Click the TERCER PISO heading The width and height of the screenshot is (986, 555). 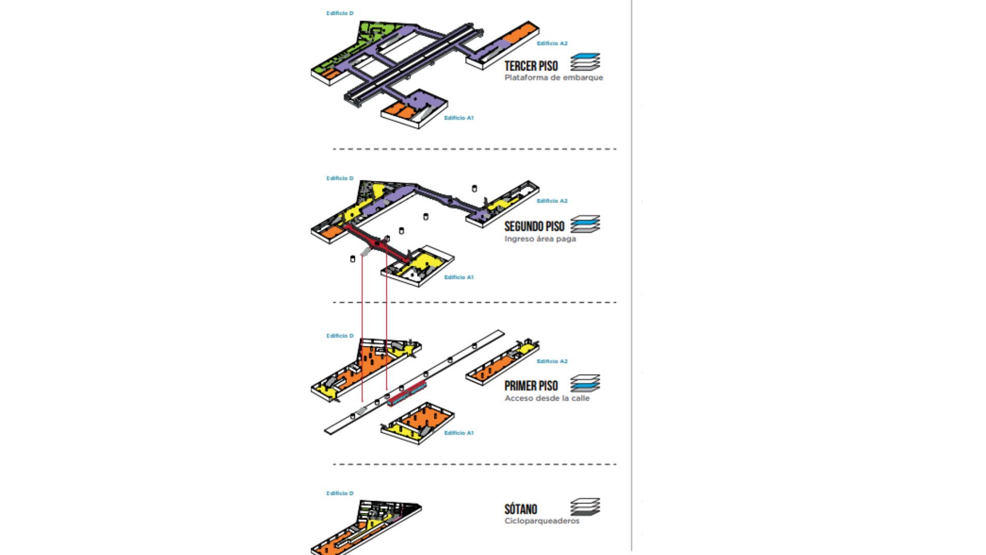(x=531, y=66)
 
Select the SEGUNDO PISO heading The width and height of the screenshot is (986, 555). (x=534, y=227)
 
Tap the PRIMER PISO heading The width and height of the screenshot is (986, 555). (x=531, y=386)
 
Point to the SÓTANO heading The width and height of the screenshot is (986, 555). (x=521, y=509)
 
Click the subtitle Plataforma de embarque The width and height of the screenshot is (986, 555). (x=554, y=78)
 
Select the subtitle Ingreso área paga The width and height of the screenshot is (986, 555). (x=540, y=239)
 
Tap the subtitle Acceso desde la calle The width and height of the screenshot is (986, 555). (x=547, y=398)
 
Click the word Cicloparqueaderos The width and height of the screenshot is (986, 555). (x=542, y=521)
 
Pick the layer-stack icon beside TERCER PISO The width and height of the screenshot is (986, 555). (x=585, y=62)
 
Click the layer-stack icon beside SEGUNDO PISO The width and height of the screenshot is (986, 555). (x=585, y=224)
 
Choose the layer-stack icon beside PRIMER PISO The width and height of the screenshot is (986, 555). (x=585, y=383)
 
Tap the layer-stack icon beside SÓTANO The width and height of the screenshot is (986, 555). (x=585, y=507)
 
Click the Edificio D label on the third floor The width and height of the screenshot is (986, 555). (x=340, y=13)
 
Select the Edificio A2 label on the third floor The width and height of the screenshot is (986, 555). (x=552, y=44)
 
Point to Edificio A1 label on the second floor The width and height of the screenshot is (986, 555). (x=459, y=277)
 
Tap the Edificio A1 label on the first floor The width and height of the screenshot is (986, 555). (x=459, y=433)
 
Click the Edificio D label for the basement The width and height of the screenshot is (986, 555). (x=340, y=493)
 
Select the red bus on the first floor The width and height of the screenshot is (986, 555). (x=407, y=394)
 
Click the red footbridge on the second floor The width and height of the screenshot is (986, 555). (x=377, y=243)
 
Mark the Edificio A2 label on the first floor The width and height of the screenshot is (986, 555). (x=552, y=362)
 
